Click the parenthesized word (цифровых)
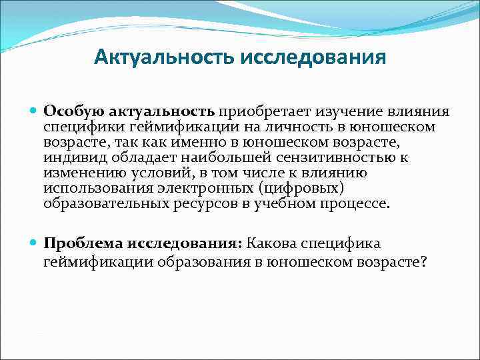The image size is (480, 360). (x=300, y=188)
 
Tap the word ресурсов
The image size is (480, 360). (x=209, y=203)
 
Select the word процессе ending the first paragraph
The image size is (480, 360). (x=359, y=203)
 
